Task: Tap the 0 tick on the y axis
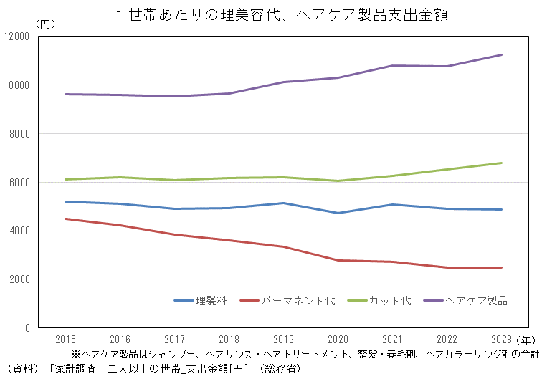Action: tap(27, 328)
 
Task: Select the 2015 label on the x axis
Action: tap(65, 339)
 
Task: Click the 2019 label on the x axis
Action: tap(283, 339)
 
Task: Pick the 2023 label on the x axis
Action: tap(501, 339)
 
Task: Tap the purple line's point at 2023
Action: tap(501, 54)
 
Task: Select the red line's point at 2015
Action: tap(65, 219)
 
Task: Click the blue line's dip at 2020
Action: tap(338, 213)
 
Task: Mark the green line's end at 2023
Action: tap(501, 163)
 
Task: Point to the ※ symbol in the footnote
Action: tap(76, 354)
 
